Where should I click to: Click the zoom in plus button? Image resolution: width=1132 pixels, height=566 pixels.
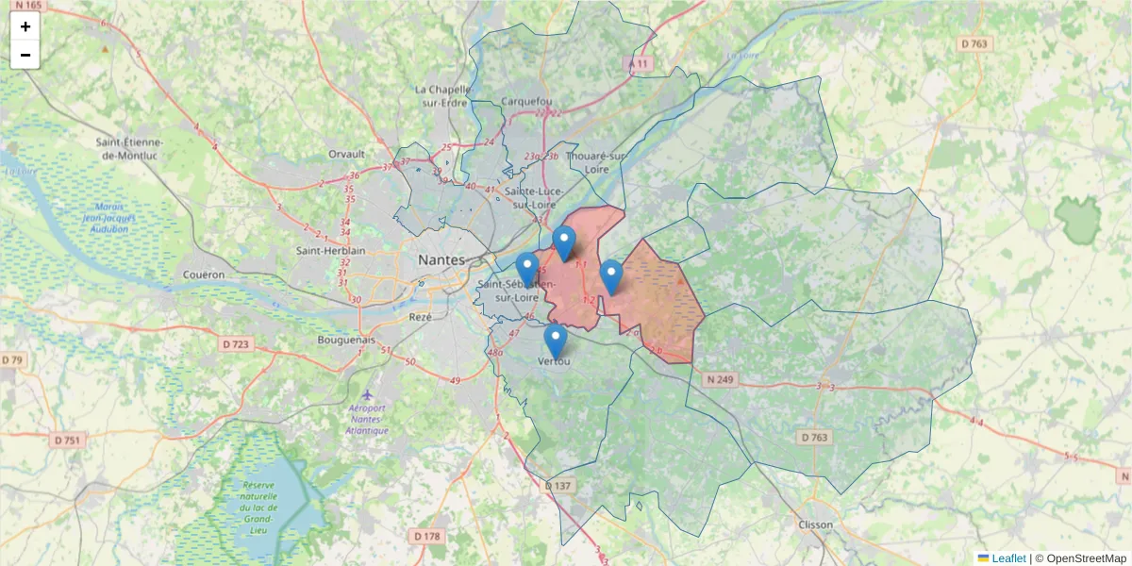[25, 26]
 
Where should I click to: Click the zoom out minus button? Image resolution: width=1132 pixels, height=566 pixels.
[25, 55]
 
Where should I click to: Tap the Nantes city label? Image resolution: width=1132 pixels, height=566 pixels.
[442, 259]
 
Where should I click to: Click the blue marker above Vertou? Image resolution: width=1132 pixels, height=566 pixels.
[556, 340]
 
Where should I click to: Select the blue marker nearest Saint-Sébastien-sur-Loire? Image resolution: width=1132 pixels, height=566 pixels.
[527, 268]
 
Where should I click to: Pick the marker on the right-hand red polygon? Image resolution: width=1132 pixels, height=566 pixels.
[611, 275]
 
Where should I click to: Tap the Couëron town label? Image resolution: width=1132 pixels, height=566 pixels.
[207, 275]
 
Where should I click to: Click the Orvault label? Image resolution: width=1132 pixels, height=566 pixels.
[346, 154]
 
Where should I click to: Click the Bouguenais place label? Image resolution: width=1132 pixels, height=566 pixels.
[346, 340]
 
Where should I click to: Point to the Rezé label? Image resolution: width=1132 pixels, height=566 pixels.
[420, 317]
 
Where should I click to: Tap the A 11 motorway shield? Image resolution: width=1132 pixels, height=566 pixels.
[641, 63]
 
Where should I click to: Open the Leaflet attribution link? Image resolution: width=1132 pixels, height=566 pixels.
[1008, 558]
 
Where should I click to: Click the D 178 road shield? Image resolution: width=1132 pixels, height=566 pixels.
[426, 536]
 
